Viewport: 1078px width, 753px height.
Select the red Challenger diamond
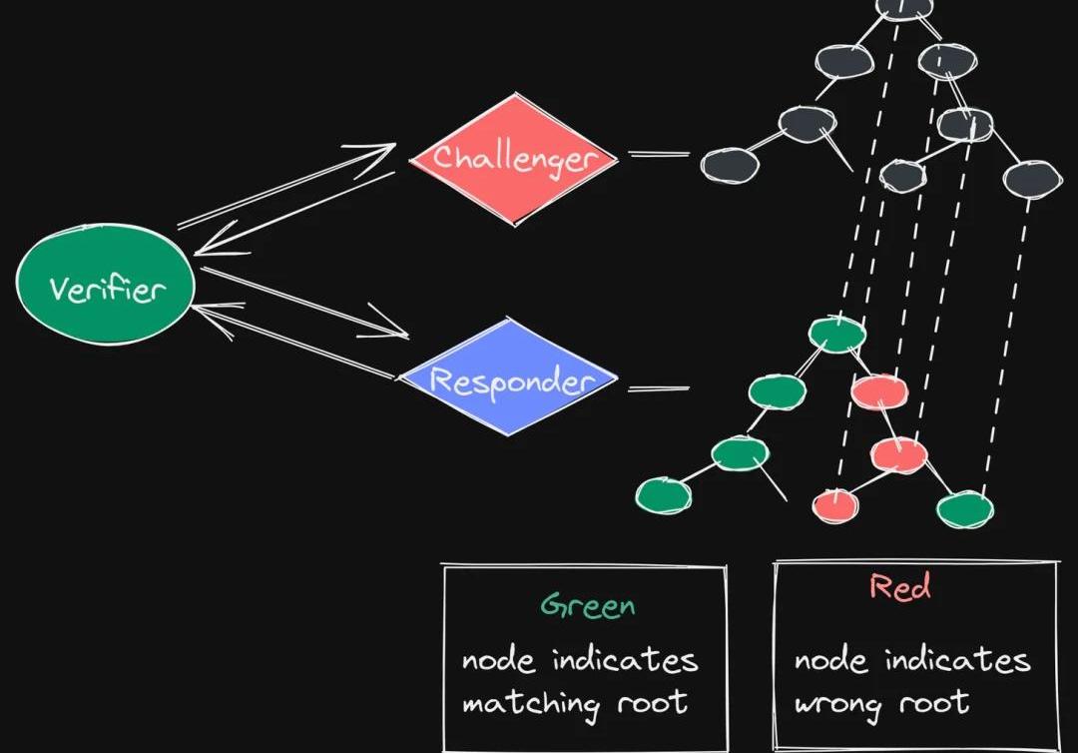tap(514, 158)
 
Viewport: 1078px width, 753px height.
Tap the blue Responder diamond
tap(510, 379)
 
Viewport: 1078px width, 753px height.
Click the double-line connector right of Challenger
tap(658, 155)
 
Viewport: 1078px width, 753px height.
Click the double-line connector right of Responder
tap(658, 387)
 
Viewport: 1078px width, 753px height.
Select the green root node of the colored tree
tap(836, 335)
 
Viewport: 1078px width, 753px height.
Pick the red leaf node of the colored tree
tap(834, 504)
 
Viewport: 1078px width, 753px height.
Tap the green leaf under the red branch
tap(965, 509)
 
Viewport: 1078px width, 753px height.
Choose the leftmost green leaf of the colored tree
tap(664, 493)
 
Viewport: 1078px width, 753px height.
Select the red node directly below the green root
tap(879, 390)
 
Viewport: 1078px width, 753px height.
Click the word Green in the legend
tap(587, 605)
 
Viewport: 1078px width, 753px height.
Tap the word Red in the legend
tap(900, 587)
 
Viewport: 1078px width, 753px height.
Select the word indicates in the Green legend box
tap(626, 660)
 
